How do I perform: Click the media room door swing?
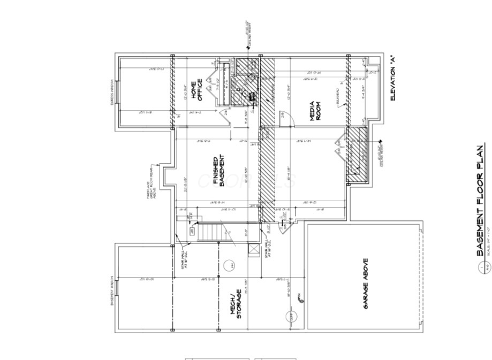pyautogui.click(x=288, y=119)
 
